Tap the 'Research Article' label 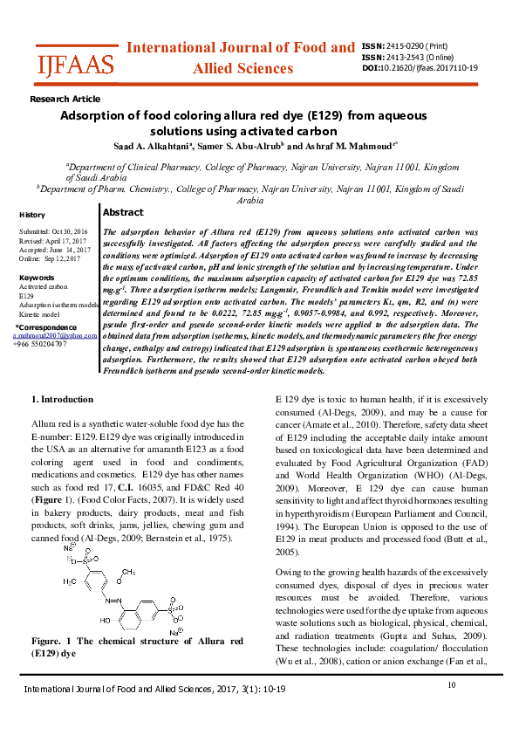click(x=65, y=100)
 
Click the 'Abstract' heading click(x=123, y=212)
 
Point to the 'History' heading click(x=32, y=215)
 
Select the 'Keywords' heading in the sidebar click(x=37, y=278)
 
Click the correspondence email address click(x=54, y=335)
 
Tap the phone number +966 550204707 click(x=40, y=344)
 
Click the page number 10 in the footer click(x=452, y=685)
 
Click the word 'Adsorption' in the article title click(x=93, y=115)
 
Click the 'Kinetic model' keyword click(x=39, y=313)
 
